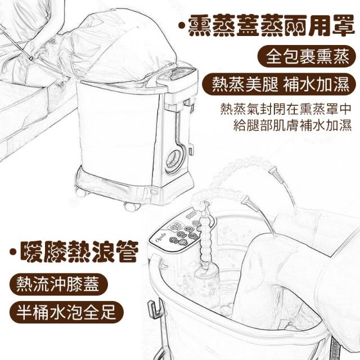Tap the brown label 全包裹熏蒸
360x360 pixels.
pyautogui.click(x=307, y=56)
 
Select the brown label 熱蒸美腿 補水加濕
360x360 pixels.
pyautogui.click(x=280, y=84)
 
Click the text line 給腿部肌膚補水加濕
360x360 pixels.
pyautogui.click(x=292, y=125)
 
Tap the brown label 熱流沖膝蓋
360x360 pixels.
pyautogui.click(x=58, y=284)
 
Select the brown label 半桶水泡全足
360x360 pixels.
pyautogui.click(x=66, y=312)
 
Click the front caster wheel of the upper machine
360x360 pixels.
pyautogui.click(x=132, y=206)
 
